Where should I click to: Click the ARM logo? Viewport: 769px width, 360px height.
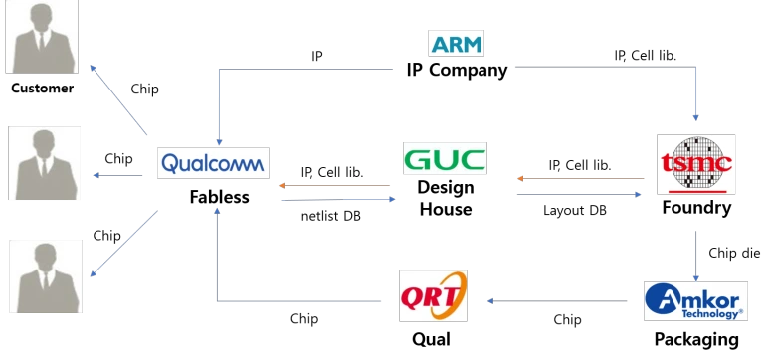(456, 43)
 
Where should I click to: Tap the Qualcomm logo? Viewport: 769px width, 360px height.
(213, 163)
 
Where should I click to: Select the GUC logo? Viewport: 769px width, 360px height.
(445, 158)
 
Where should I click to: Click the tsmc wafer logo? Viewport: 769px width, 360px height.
(696, 164)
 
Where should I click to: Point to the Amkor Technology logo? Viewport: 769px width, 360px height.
(695, 301)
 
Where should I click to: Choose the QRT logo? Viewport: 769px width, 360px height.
(433, 296)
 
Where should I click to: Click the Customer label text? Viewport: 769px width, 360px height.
(42, 89)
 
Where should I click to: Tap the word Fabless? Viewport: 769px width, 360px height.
(219, 197)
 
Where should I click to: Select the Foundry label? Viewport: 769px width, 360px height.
(696, 208)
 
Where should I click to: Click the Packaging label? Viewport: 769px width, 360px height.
(696, 339)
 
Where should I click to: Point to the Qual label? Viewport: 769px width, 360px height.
(431, 339)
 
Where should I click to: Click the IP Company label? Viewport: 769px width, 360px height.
(457, 71)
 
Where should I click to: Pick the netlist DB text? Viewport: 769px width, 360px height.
(331, 216)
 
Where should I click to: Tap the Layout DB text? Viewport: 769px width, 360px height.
(575, 211)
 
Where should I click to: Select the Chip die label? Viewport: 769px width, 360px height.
(734, 253)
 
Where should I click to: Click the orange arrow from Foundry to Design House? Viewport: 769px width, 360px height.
(581, 179)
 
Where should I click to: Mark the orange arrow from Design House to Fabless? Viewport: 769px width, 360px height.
(334, 185)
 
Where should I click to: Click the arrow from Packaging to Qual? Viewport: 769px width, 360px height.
(557, 301)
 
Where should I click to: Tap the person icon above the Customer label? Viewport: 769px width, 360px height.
(42, 37)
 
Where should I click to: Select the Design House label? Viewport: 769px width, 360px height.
(446, 198)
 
